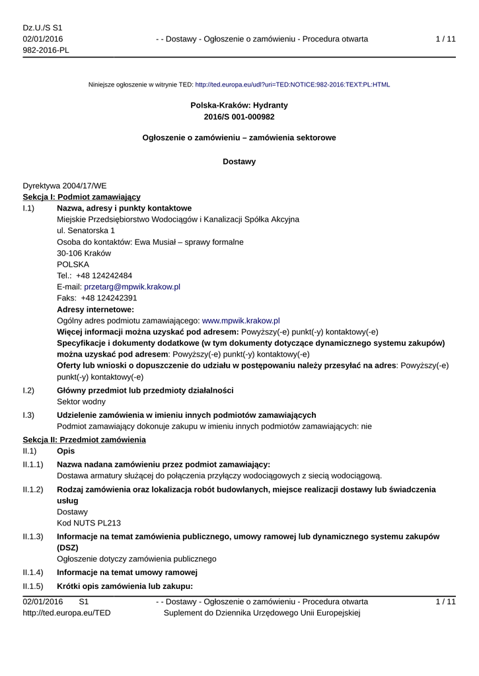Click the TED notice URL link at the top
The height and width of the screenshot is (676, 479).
292,84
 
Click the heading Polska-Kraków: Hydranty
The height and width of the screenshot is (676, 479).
239,105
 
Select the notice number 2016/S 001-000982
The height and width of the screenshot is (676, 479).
239,117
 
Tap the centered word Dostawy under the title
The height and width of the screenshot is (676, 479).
239,161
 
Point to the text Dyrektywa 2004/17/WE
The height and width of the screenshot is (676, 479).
64,186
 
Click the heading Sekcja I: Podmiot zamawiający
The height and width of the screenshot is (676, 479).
81,197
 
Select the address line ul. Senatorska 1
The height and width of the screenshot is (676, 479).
86,230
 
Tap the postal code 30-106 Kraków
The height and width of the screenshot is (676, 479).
84,253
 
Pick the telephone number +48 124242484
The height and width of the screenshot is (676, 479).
104,275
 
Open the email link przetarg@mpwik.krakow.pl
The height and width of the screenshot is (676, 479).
132,287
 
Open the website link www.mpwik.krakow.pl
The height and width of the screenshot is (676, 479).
240,320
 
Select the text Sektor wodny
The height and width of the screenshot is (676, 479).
81,401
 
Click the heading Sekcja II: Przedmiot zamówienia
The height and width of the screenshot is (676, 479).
84,439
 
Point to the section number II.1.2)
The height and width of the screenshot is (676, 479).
32,489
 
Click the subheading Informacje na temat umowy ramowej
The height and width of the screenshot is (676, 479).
128,572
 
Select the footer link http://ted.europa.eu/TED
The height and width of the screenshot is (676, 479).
67,613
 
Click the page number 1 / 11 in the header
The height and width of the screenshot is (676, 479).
446,39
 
